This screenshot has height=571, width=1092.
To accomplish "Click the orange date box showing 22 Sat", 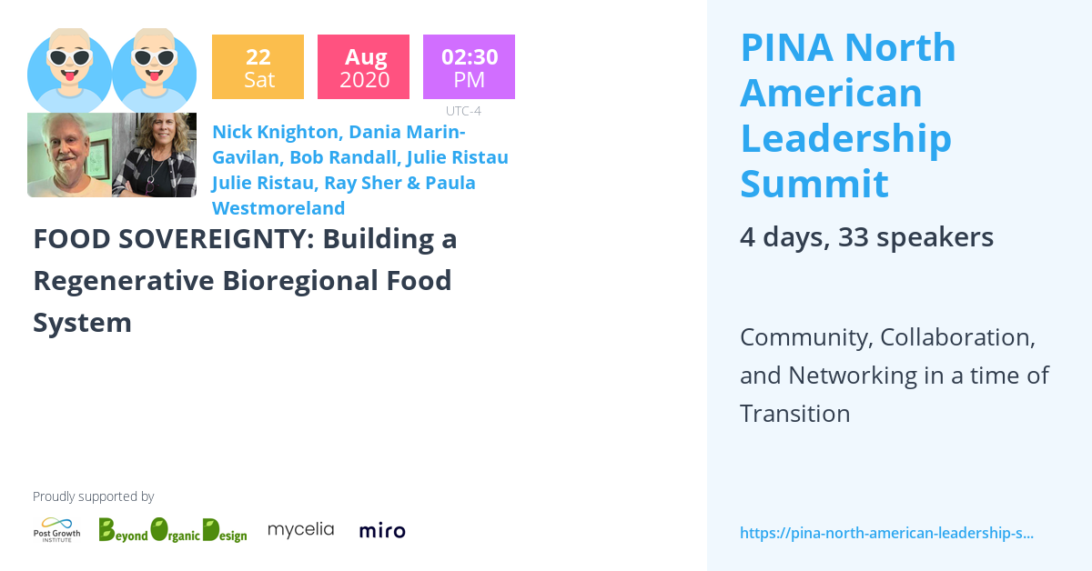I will (x=258, y=66).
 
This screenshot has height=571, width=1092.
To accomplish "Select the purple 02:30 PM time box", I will (x=469, y=66).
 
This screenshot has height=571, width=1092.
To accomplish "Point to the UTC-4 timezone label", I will (x=463, y=111).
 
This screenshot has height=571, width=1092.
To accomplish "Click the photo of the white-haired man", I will (x=69, y=155).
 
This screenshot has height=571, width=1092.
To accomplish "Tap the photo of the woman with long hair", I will (x=154, y=155).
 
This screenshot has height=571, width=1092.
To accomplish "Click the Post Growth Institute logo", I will (x=56, y=529).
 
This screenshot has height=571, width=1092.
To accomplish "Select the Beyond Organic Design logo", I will (x=172, y=529).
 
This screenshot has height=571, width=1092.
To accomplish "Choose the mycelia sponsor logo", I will (x=300, y=529).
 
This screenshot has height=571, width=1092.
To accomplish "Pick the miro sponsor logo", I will (x=382, y=530).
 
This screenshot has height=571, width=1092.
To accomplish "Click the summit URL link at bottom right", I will (x=886, y=533).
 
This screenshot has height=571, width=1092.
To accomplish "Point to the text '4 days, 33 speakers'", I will (x=866, y=237).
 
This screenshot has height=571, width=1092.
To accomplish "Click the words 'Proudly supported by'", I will (x=93, y=496).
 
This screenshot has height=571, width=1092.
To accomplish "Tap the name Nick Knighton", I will (x=273, y=131).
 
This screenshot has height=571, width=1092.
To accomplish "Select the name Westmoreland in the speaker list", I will (x=278, y=208).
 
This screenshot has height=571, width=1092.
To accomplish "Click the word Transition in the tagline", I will (x=794, y=414).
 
